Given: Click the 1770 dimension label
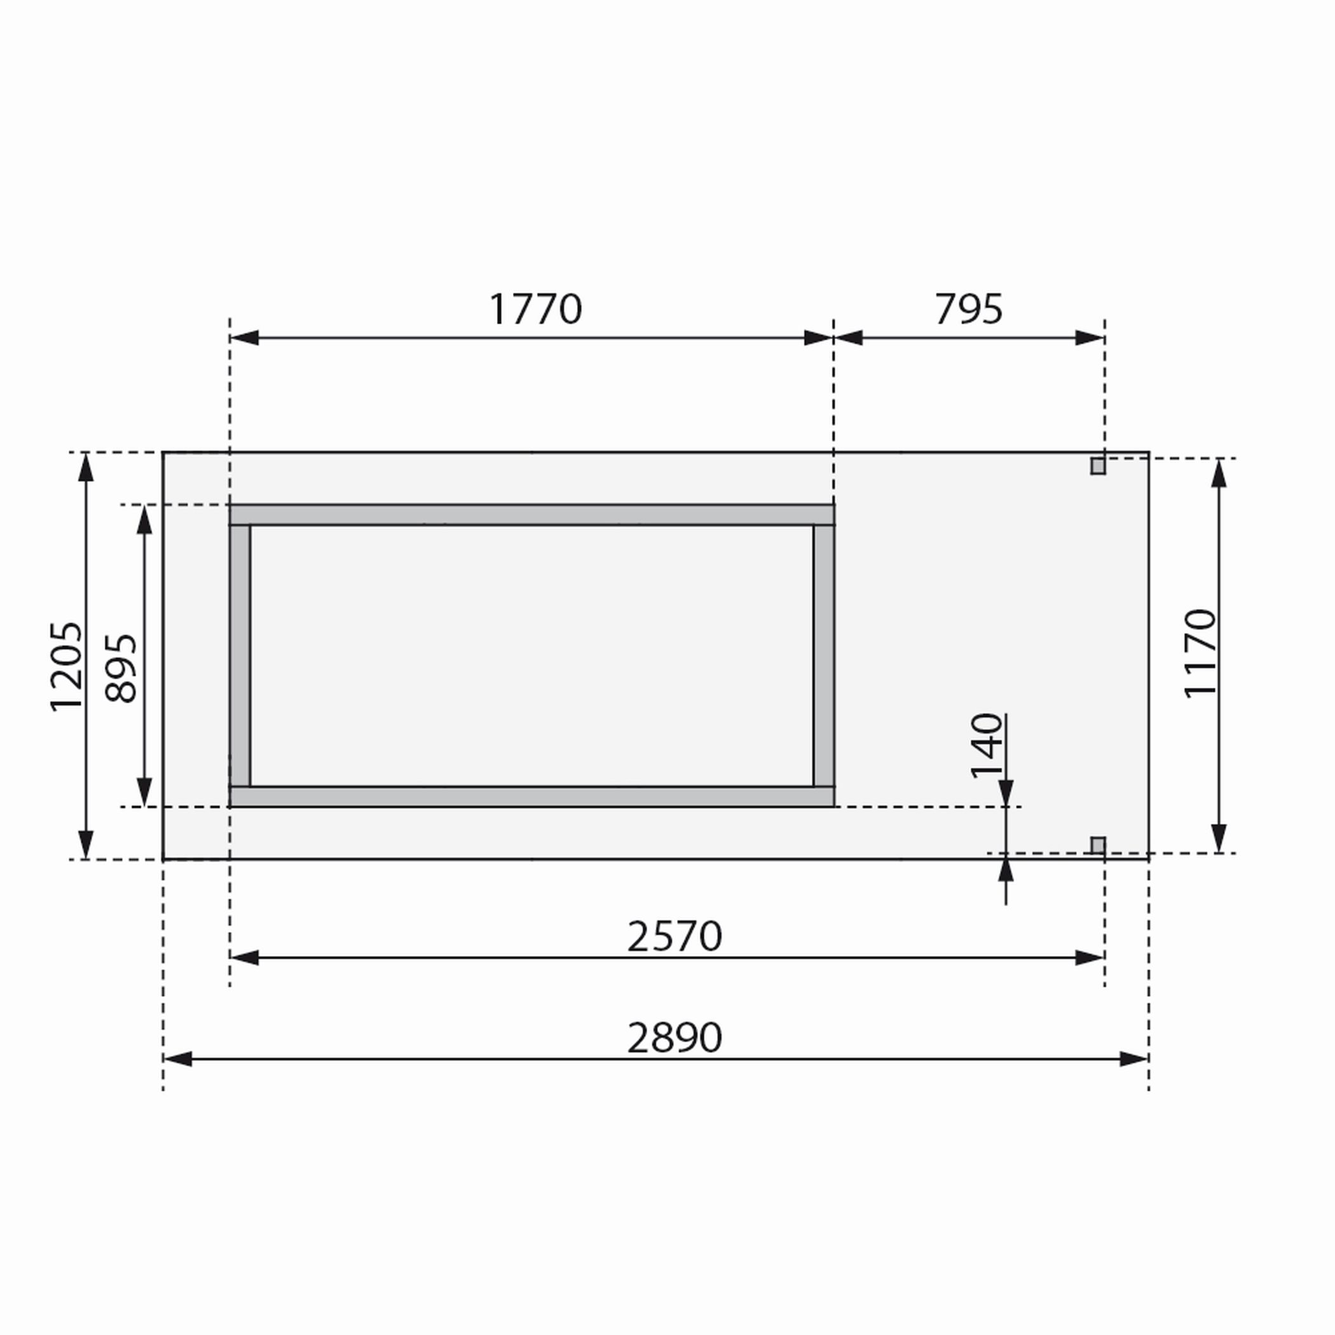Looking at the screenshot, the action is (x=535, y=309).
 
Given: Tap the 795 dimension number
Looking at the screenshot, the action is (x=968, y=309).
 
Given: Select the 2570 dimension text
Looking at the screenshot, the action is (x=674, y=937).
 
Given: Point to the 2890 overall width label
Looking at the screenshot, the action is (x=674, y=1038).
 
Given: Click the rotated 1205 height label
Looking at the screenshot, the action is (x=66, y=667).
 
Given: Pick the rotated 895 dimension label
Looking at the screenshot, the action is (x=121, y=668).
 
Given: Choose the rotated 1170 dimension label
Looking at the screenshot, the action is (x=1200, y=654).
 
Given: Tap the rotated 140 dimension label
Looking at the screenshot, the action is (x=987, y=746).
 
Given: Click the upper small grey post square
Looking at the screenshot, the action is (x=1098, y=466).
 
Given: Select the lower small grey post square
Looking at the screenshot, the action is (x=1098, y=845).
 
